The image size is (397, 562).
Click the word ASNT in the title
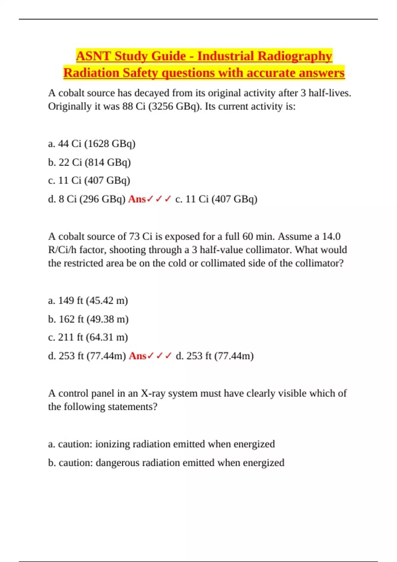tap(93, 56)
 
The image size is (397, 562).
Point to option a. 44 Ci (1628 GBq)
tap(92, 144)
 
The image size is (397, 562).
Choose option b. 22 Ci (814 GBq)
tap(89, 162)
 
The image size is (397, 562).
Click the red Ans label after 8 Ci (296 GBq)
tap(137, 199)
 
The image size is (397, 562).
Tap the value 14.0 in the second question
tap(331, 236)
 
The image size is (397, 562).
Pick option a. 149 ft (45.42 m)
tap(88, 301)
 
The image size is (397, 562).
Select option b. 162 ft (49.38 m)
tap(88, 319)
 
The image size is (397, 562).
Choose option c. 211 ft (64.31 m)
tap(88, 337)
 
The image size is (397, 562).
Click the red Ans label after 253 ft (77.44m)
tap(137, 356)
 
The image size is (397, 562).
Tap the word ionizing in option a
tap(112, 444)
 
